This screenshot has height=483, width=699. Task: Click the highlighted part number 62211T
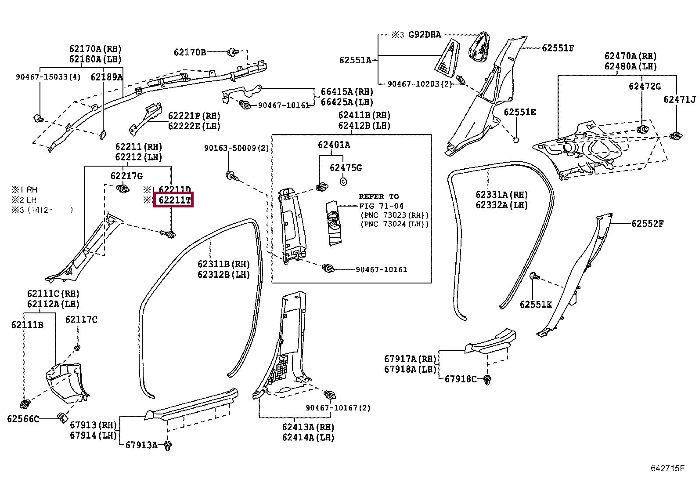click(174, 200)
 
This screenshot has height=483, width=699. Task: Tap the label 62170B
click(190, 52)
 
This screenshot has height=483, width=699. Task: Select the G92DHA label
click(425, 35)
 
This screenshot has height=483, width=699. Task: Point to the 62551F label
click(558, 48)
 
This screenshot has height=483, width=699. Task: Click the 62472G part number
click(645, 86)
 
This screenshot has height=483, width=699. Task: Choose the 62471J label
click(680, 99)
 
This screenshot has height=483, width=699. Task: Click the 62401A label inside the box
click(334, 145)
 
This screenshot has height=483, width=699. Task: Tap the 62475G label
click(346, 168)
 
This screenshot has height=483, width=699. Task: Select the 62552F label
click(648, 223)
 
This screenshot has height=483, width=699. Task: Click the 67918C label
click(461, 379)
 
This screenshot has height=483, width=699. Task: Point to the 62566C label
click(23, 419)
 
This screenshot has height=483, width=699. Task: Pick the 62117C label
click(81, 320)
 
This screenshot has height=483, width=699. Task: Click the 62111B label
click(28, 325)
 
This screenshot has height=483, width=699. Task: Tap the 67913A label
click(141, 445)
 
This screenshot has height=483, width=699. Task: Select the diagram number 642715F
click(667, 468)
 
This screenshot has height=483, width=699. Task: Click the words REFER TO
click(379, 196)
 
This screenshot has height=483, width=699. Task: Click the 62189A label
click(107, 77)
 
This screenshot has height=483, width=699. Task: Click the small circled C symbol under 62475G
click(343, 181)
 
